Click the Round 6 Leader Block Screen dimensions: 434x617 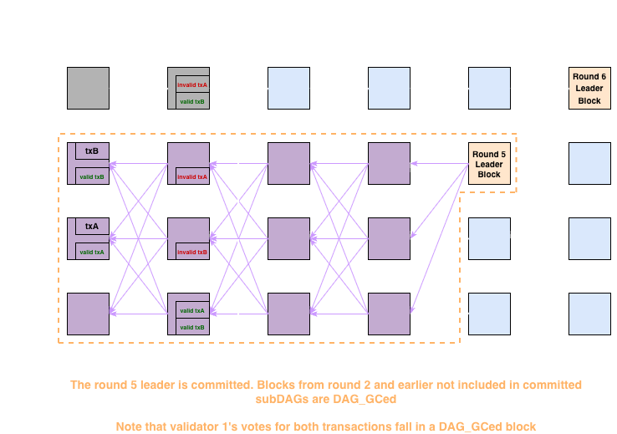pyautogui.click(x=589, y=88)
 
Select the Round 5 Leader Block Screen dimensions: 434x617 pyautogui.click(x=489, y=163)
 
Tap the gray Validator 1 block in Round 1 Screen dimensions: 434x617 pyautogui.click(x=88, y=88)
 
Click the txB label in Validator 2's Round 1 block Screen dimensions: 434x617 pyautogui.click(x=92, y=151)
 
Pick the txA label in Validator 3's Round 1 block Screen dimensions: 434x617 pyautogui.click(x=92, y=227)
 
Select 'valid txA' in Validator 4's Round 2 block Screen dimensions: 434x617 pyautogui.click(x=192, y=310)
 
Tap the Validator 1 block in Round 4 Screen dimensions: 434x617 pyautogui.click(x=390, y=88)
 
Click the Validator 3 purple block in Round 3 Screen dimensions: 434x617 pyautogui.click(x=288, y=238)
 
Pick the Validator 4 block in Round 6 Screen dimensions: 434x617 pyautogui.click(x=589, y=314)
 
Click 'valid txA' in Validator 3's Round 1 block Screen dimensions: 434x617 pyautogui.click(x=92, y=252)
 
